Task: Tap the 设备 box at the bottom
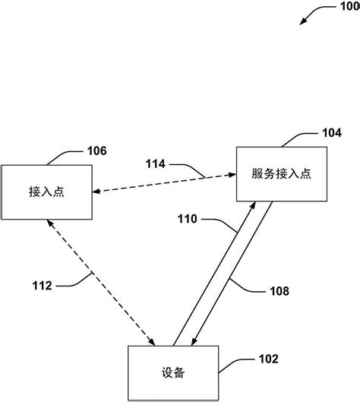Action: [x=174, y=373]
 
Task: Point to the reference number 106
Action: [x=96, y=150]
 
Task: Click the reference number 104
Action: [x=332, y=132]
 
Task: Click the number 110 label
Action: [x=188, y=220]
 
